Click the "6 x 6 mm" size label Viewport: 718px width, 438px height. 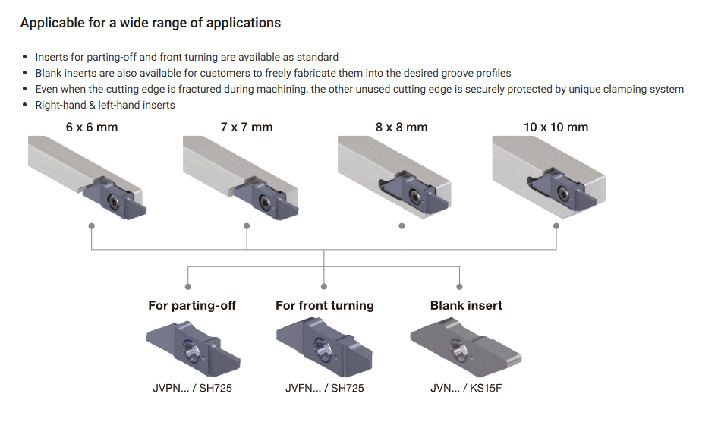click(x=92, y=128)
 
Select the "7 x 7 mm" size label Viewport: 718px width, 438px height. click(x=247, y=128)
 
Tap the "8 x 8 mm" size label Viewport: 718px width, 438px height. click(x=402, y=128)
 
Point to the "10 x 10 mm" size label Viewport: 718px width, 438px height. click(x=556, y=128)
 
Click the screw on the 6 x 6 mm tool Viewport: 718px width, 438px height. click(x=112, y=200)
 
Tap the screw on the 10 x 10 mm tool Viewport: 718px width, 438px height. click(x=562, y=194)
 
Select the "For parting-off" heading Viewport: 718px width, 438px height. click(x=192, y=306)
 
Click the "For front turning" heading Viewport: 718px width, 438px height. click(x=325, y=306)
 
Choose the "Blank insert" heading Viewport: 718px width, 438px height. click(x=466, y=306)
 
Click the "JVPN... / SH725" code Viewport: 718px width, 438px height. click(x=192, y=388)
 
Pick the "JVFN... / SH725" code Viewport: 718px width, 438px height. click(x=325, y=388)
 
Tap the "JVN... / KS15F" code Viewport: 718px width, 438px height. click(x=466, y=388)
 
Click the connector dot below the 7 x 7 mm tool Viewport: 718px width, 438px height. click(x=247, y=226)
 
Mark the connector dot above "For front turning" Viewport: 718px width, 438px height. click(x=324, y=287)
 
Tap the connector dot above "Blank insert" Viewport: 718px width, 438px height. click(x=459, y=287)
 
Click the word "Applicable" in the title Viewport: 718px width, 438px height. click(x=50, y=23)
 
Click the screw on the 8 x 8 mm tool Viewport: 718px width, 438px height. click(x=415, y=196)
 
